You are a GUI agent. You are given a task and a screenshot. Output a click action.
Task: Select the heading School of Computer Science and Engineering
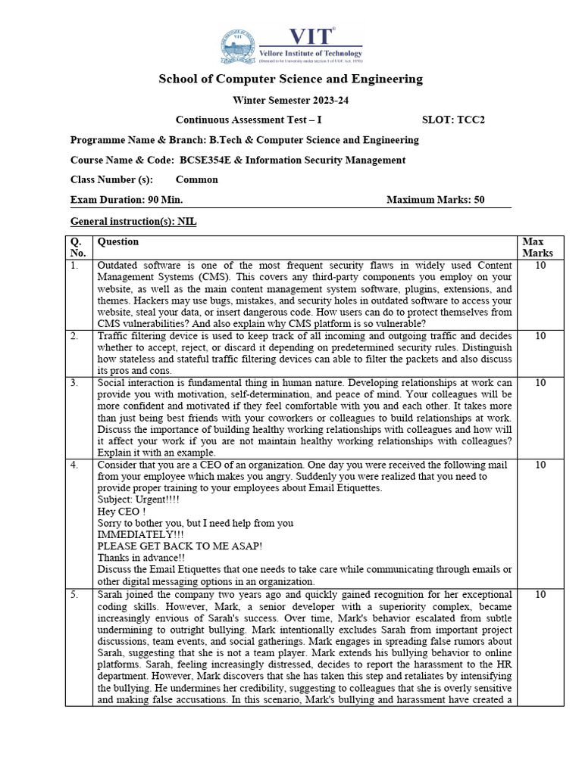[290, 79]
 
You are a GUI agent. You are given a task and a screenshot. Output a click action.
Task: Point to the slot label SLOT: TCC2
[452, 120]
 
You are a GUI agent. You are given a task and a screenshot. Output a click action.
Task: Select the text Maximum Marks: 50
[435, 200]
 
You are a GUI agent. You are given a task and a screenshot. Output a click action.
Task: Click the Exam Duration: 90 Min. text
[127, 200]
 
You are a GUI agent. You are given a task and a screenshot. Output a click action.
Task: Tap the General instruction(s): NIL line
[133, 221]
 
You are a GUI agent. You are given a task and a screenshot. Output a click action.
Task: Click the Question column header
[118, 242]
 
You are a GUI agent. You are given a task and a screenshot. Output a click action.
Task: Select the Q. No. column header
[78, 247]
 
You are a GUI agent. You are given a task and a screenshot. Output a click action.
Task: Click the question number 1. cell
[74, 266]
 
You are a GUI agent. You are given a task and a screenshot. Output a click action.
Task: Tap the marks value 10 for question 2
[540, 335]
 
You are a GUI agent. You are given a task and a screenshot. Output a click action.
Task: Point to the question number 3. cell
[74, 384]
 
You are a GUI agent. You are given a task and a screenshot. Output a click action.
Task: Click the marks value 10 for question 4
[540, 465]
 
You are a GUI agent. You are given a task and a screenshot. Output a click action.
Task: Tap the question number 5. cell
[74, 596]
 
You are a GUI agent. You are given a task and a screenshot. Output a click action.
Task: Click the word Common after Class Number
[196, 180]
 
